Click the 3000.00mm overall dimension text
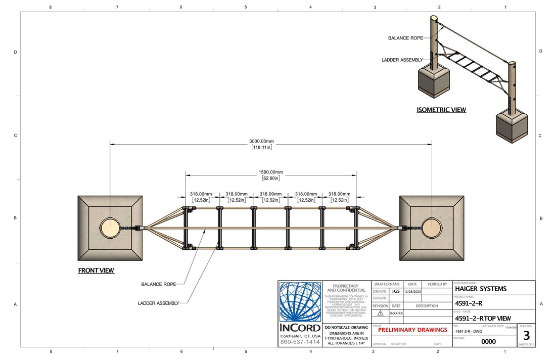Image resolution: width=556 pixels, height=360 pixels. [x=261, y=141]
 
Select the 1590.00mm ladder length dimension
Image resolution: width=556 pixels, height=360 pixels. [x=271, y=172]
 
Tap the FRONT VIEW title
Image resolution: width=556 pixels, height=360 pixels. [x=96, y=271]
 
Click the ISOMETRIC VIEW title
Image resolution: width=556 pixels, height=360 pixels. [x=441, y=110]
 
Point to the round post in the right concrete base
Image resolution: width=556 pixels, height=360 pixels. [x=432, y=228]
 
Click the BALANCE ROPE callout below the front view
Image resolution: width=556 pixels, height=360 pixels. [x=159, y=284]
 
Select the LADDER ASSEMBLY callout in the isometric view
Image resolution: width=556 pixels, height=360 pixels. [x=402, y=60]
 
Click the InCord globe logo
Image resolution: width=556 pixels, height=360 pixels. [x=300, y=302]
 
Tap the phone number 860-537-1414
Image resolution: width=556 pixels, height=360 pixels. [x=300, y=342]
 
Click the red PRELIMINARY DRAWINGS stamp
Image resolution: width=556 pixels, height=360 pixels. [x=412, y=330]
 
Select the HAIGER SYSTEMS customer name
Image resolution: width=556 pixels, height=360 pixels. [x=481, y=289]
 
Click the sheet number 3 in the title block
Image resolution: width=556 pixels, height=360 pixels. [x=526, y=336]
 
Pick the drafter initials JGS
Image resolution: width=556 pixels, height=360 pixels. [x=395, y=291]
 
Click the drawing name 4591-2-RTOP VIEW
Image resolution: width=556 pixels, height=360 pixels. [x=483, y=319]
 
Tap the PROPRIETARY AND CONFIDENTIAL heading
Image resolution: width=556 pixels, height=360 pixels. [x=346, y=288]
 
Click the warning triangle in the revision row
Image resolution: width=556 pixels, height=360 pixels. [x=380, y=313]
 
